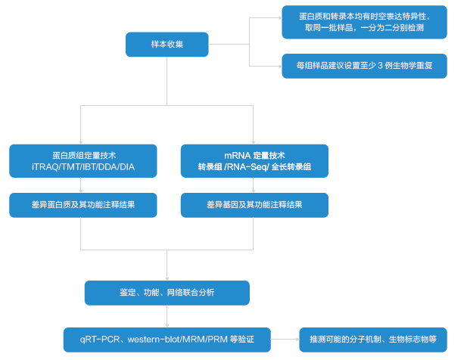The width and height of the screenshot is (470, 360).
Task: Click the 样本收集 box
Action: tap(167, 45)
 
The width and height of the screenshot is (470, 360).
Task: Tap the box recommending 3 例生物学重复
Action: tap(364, 66)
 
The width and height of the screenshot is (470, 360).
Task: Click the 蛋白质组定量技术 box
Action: tap(83, 160)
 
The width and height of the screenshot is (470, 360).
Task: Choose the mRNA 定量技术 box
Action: tap(254, 160)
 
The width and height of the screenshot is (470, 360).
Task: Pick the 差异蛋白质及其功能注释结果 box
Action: tap(83, 205)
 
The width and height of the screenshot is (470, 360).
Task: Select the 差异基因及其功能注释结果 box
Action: tap(254, 205)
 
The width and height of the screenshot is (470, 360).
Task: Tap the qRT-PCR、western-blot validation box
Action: tap(167, 339)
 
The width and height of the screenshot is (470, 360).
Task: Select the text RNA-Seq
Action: tap(249, 167)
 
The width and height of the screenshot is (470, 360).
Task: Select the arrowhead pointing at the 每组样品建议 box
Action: tap(278, 67)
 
